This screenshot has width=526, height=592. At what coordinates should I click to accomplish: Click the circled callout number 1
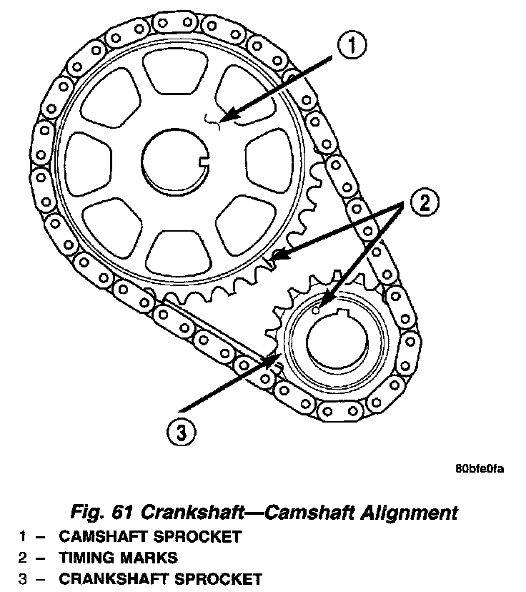[x=352, y=45]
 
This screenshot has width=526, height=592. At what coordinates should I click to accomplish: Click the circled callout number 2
[x=425, y=202]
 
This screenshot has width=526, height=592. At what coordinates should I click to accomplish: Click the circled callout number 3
[x=182, y=432]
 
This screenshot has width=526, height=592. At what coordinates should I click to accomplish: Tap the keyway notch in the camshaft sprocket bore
[x=204, y=162]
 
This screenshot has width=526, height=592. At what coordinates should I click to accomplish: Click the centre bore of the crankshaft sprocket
[x=337, y=341]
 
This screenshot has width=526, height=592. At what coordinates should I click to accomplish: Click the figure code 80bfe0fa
[x=480, y=469]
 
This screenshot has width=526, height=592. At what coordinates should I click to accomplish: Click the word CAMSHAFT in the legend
[x=104, y=536]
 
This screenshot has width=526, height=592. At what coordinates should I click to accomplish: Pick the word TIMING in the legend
[x=86, y=558]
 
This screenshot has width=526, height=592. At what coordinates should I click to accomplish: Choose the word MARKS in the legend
[x=149, y=558]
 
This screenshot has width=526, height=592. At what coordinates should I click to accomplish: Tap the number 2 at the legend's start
[x=23, y=558]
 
